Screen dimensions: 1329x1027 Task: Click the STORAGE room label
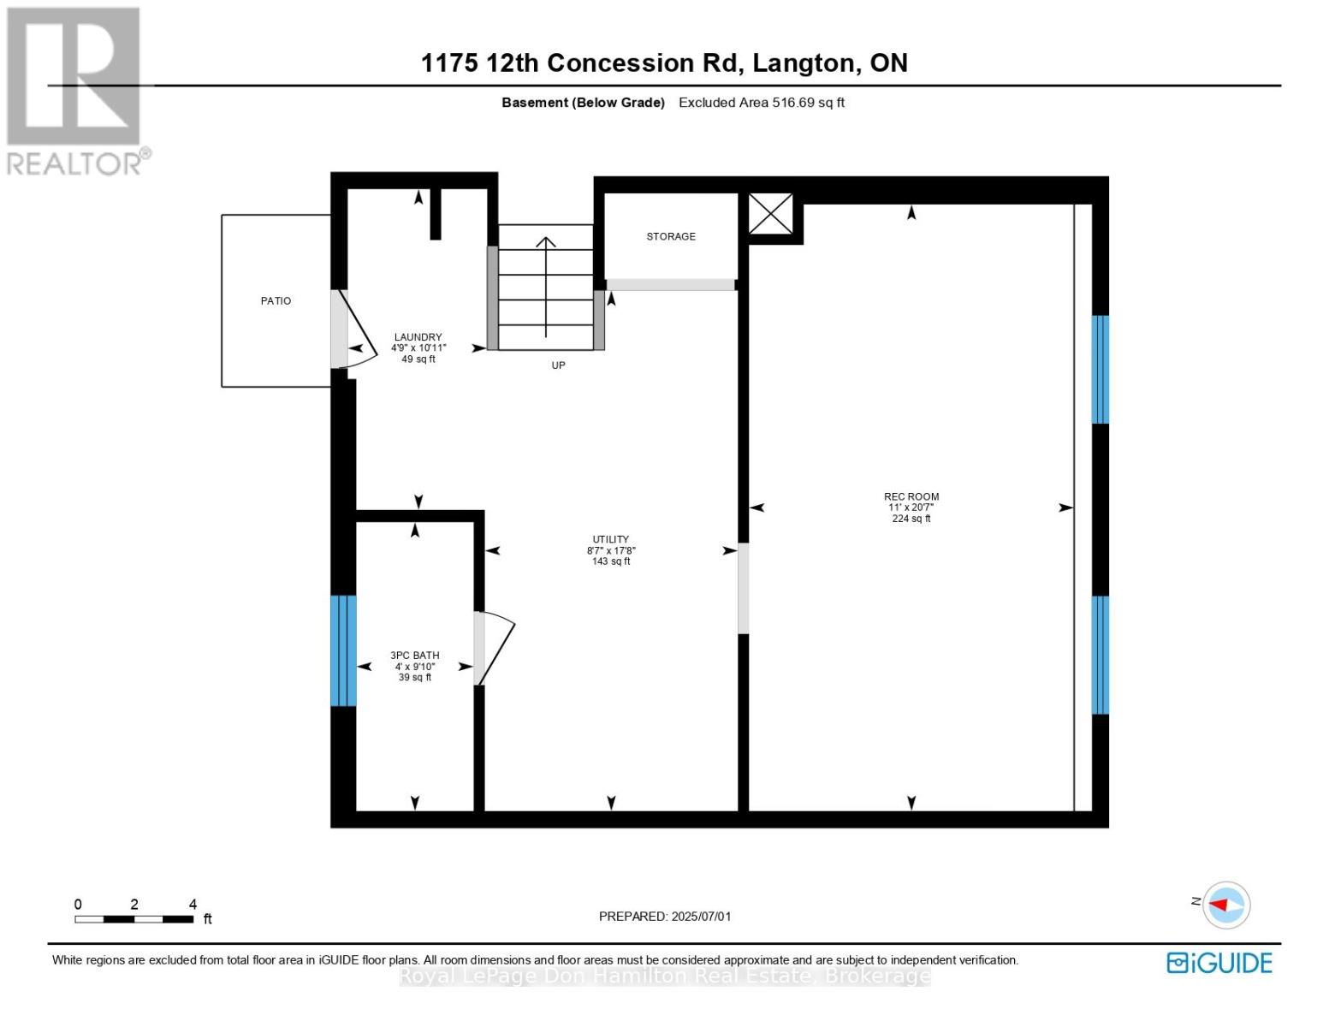click(x=670, y=236)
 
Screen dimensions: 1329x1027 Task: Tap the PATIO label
click(x=276, y=300)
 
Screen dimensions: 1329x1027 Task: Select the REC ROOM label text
click(x=911, y=496)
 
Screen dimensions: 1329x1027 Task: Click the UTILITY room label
click(x=610, y=539)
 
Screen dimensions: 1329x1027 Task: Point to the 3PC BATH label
click(x=415, y=655)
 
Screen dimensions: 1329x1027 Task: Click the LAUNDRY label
click(x=418, y=337)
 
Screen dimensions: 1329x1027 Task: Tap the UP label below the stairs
click(x=558, y=365)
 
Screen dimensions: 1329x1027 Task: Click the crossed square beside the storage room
click(x=770, y=213)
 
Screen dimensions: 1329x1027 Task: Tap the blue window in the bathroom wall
click(x=343, y=650)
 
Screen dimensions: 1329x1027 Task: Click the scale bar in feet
click(x=134, y=918)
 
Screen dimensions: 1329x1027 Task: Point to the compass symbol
click(x=1225, y=905)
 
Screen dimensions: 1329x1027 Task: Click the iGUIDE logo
click(x=1219, y=963)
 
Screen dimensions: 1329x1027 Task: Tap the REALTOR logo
click(x=76, y=92)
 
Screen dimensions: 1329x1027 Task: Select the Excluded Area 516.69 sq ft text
click(x=761, y=102)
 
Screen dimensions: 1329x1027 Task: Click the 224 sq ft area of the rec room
click(x=911, y=518)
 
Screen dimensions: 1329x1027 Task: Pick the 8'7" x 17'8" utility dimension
click(x=610, y=550)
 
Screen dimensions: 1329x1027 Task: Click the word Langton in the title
click(x=804, y=63)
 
